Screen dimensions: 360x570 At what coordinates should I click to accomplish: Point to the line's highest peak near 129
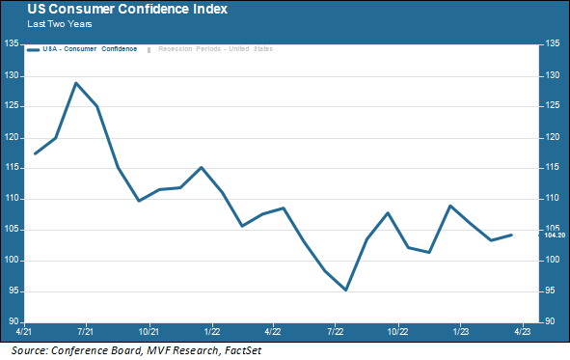click(76, 83)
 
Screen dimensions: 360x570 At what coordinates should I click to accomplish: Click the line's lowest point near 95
click(345, 290)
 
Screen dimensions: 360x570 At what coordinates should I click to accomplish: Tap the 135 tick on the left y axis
click(13, 44)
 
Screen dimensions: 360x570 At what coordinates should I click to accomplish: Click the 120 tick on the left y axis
click(13, 137)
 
